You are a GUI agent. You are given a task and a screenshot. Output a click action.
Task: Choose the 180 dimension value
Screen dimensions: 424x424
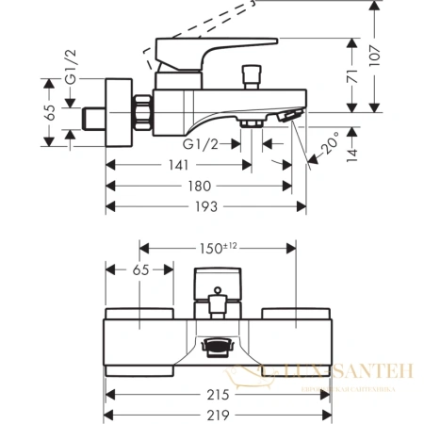[x=199, y=187]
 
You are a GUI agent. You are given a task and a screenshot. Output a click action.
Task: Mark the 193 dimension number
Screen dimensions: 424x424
[x=205, y=206]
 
